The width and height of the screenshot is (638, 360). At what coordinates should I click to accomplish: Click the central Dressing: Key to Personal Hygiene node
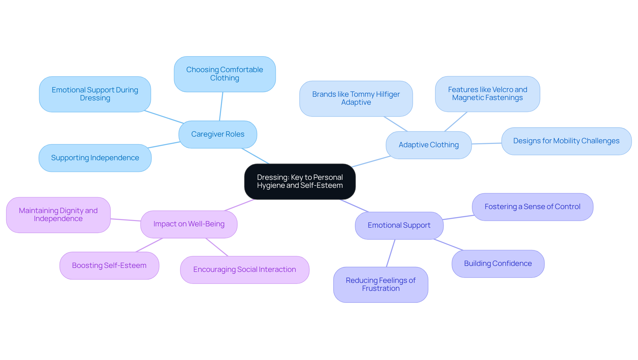300,181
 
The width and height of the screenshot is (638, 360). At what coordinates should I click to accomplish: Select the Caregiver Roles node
218,134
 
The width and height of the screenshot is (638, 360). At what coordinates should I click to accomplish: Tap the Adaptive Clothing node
428,145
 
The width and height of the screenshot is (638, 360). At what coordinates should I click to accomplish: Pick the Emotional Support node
399,225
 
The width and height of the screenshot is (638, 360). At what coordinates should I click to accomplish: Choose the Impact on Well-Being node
189,224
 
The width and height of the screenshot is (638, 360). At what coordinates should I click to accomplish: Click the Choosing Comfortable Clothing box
225,74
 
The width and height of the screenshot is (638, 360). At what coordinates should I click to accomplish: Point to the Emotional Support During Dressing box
95,94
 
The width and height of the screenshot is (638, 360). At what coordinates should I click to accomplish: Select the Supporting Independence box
95,158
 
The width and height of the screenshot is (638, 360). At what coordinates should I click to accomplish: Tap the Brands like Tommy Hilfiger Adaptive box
356,98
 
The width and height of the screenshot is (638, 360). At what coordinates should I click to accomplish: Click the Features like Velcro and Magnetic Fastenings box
487,94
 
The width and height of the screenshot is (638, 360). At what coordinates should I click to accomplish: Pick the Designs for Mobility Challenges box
566,141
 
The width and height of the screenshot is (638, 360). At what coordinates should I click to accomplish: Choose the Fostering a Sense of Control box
532,207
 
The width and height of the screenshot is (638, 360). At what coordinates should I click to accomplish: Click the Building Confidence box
497,264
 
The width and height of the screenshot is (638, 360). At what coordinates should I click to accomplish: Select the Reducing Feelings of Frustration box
380,285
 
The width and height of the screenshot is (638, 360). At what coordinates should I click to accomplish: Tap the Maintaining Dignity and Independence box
58,215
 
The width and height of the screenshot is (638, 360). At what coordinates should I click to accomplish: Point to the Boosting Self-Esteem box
109,266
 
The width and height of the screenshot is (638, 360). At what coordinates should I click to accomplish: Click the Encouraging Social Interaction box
245,270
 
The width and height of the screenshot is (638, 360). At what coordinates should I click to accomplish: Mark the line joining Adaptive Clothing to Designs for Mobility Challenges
486,144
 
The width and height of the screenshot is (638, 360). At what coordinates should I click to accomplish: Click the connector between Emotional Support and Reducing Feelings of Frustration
391,253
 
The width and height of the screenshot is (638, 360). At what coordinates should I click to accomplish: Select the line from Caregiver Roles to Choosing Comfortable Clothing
221,106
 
